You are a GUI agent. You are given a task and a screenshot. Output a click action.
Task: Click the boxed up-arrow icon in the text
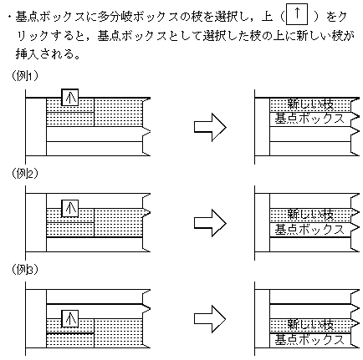(297, 14)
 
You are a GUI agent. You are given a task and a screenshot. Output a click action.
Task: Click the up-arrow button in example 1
(70, 98)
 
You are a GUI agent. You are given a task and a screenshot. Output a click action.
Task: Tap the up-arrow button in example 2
(70, 209)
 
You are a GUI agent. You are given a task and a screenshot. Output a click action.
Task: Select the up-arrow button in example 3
(70, 319)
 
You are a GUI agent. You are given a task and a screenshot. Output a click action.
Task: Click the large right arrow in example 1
(210, 127)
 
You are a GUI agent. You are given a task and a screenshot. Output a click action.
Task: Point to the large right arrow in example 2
(210, 223)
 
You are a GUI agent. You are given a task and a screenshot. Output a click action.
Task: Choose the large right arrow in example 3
(210, 319)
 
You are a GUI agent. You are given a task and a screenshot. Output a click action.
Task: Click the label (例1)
(24, 76)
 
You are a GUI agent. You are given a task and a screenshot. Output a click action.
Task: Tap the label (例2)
(24, 174)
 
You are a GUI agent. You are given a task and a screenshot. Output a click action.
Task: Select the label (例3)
(24, 269)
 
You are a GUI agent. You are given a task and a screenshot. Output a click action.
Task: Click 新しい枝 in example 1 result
(310, 104)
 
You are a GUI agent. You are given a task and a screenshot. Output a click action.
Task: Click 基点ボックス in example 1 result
(309, 119)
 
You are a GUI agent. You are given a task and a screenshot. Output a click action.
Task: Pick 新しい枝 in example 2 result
(310, 215)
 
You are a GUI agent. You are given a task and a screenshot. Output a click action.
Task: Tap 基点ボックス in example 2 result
(309, 230)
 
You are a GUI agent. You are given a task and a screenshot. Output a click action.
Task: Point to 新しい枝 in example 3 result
(310, 325)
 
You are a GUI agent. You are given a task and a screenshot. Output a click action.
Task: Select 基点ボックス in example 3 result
(309, 339)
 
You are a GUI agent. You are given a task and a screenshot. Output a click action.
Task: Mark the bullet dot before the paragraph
(10, 18)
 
